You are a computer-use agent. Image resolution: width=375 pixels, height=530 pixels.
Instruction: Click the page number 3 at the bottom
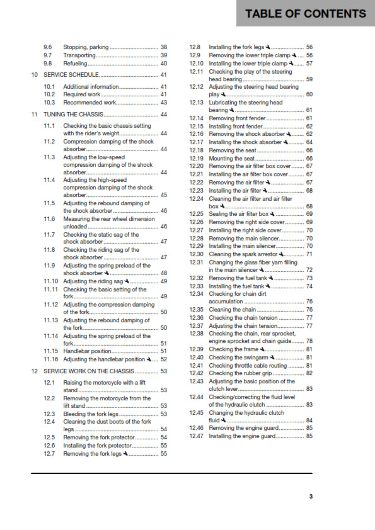pos(310,496)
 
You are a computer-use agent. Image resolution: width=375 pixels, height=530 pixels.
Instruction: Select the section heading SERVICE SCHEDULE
pos(71,75)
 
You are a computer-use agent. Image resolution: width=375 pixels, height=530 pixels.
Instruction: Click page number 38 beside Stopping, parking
pos(164,47)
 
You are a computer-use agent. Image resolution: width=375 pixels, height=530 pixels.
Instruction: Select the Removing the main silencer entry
pos(243,238)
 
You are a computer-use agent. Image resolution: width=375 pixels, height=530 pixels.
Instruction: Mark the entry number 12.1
pos(49,383)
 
